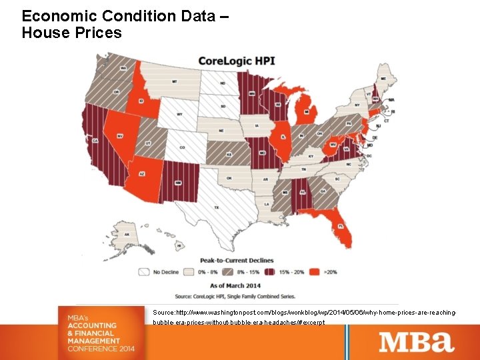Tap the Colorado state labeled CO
tap(182, 147)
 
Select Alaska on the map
tap(127, 234)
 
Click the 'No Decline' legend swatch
tap(143, 271)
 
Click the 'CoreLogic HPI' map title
tap(234, 61)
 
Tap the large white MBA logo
tap(417, 341)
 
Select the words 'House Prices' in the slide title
tap(72, 32)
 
